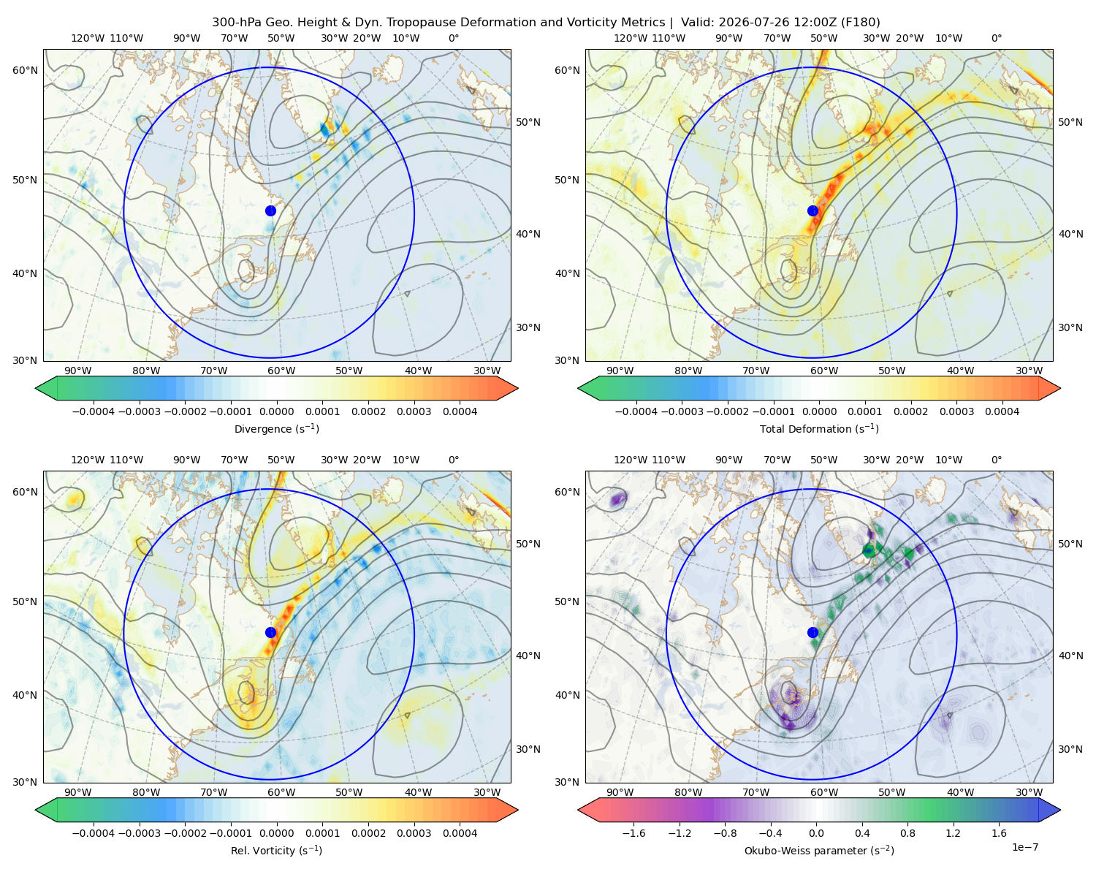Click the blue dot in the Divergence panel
coord(270,211)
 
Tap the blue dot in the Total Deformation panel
coord(813,211)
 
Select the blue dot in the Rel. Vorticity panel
coord(270,632)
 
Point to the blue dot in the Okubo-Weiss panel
coord(813,632)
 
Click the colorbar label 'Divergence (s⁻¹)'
coord(276,429)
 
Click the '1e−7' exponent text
coord(1024,847)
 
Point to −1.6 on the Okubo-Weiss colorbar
coord(633,833)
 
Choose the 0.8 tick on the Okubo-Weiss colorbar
coord(907,833)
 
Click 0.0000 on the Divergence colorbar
coord(276,411)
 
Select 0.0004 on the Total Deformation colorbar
coord(1002,411)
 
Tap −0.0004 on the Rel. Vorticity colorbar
coord(94,833)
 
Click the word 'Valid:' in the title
coord(698,23)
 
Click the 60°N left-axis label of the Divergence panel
coord(25,70)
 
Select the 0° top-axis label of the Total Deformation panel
coord(997,38)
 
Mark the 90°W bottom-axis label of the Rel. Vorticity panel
coord(78,792)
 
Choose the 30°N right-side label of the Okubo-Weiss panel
coord(1070,749)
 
